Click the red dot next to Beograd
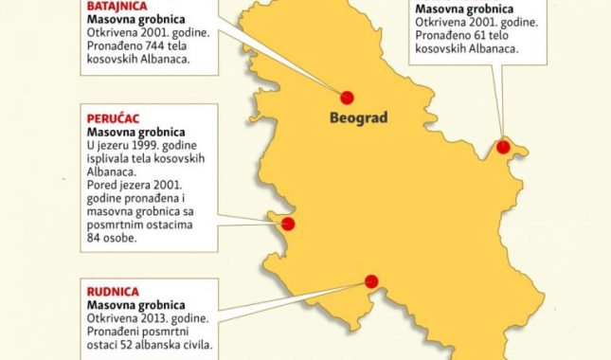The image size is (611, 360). [347, 97]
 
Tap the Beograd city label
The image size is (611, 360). [359, 119]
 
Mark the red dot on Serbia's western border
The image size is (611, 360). [288, 225]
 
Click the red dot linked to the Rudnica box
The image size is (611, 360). [371, 281]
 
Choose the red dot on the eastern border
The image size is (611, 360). [503, 147]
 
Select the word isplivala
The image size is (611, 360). [111, 159]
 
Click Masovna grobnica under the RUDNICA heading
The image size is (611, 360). [135, 305]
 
